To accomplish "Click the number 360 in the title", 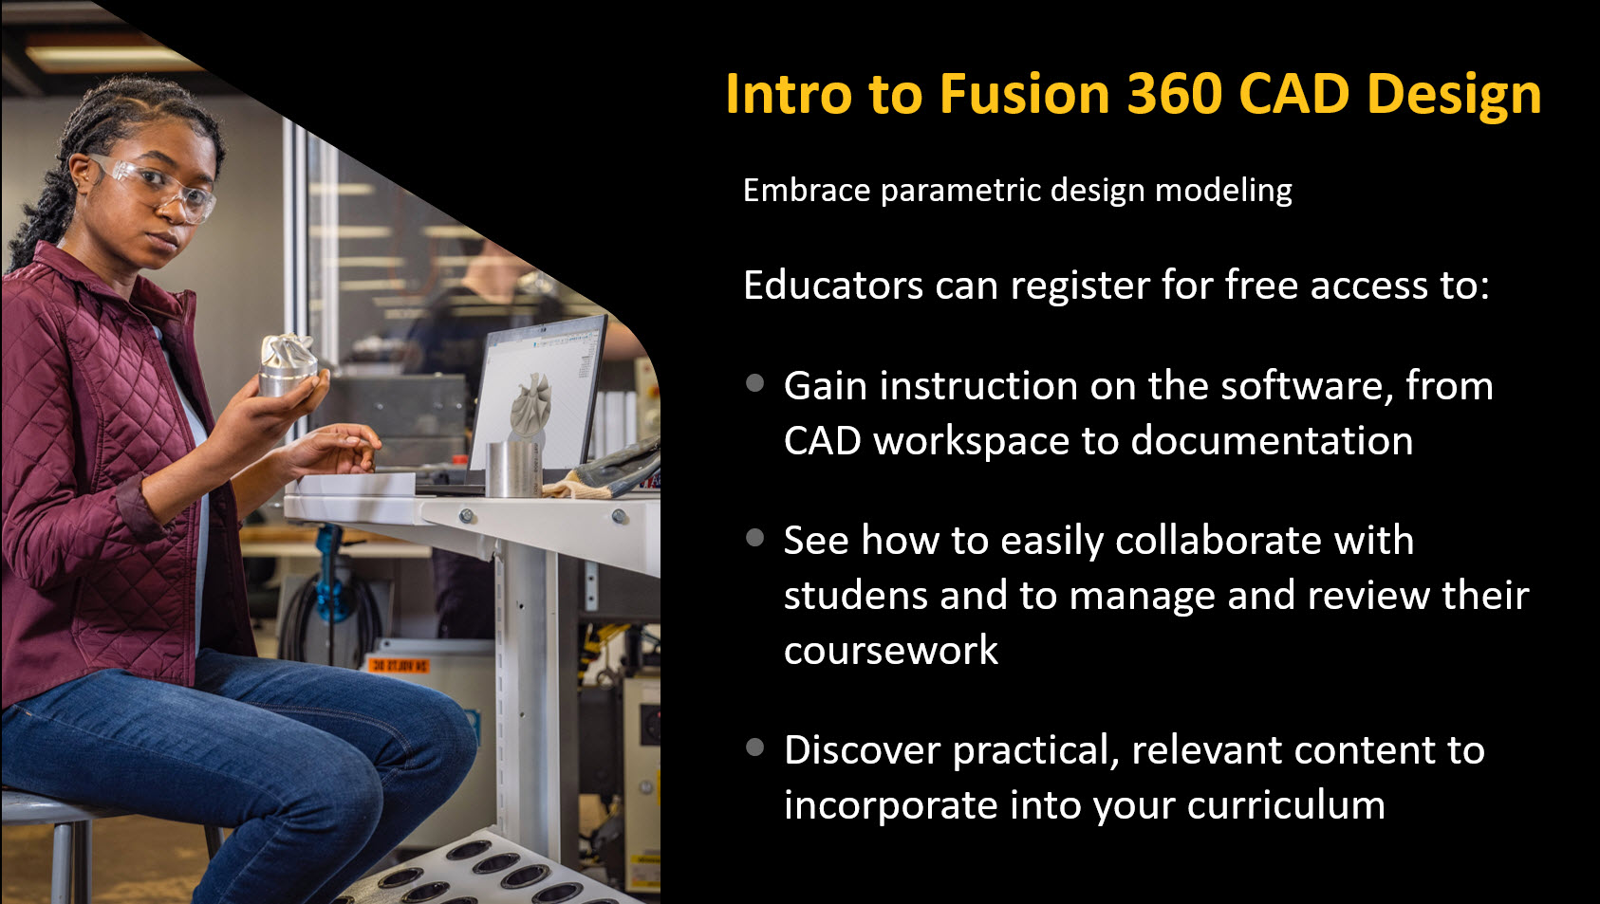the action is [x=1174, y=94].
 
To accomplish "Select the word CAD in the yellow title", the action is [x=1293, y=94].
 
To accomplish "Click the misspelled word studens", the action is [x=856, y=596].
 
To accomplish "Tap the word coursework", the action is [x=891, y=650].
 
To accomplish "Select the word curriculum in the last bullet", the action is [x=1286, y=805].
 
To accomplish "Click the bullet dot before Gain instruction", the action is [x=755, y=383].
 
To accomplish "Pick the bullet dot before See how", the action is [x=755, y=538].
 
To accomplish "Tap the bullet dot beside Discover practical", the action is [x=755, y=747].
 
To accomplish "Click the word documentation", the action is [x=1272, y=440].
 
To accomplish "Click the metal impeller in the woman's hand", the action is [x=288, y=364].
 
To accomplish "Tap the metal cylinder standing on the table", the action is [x=512, y=469].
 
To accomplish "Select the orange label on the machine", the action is [x=399, y=666].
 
